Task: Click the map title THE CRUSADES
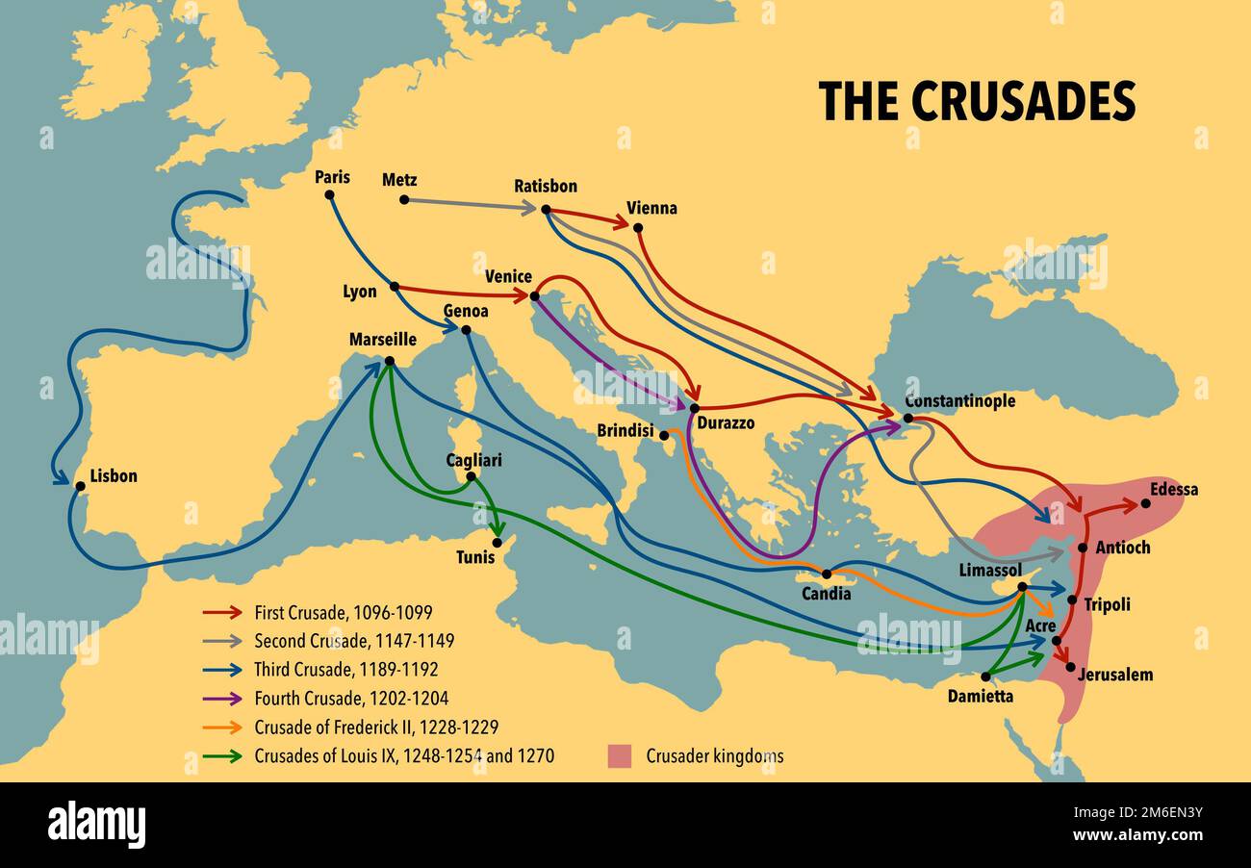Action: (x=976, y=101)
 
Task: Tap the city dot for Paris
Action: (x=329, y=194)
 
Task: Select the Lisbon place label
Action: (x=114, y=475)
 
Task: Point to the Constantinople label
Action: (x=959, y=400)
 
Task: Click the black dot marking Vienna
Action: (x=637, y=228)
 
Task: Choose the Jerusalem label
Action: (x=1114, y=675)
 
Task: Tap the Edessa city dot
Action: (x=1145, y=503)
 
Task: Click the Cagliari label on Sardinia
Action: (x=473, y=460)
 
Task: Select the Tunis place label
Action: (x=475, y=557)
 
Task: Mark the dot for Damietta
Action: (x=985, y=677)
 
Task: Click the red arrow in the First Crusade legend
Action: (x=222, y=612)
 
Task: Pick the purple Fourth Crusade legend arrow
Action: (x=222, y=699)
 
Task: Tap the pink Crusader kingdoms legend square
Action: (x=620, y=755)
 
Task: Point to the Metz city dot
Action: (x=404, y=200)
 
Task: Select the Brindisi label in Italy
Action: (x=625, y=430)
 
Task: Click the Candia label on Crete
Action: (x=827, y=594)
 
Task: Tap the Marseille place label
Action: (x=382, y=340)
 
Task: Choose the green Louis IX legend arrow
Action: (x=222, y=756)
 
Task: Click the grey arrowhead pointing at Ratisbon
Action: (x=529, y=207)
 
